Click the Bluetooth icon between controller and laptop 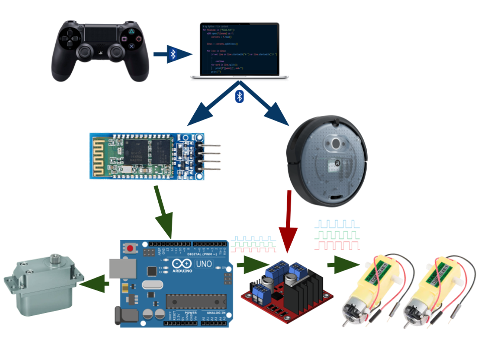point(173,54)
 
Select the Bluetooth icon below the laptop point(240,96)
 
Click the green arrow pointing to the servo point(93,284)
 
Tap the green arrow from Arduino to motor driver point(253,265)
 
